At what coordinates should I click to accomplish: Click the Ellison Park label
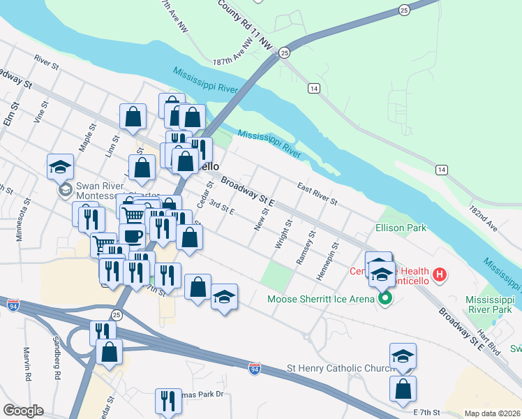(x=401, y=228)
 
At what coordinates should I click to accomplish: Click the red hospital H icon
(x=440, y=274)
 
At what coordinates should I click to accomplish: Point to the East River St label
(x=317, y=195)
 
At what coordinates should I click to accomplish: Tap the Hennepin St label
(x=326, y=261)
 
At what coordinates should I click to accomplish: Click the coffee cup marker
(x=132, y=235)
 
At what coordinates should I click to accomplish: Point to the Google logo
(x=23, y=411)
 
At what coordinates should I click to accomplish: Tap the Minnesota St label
(x=23, y=219)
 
